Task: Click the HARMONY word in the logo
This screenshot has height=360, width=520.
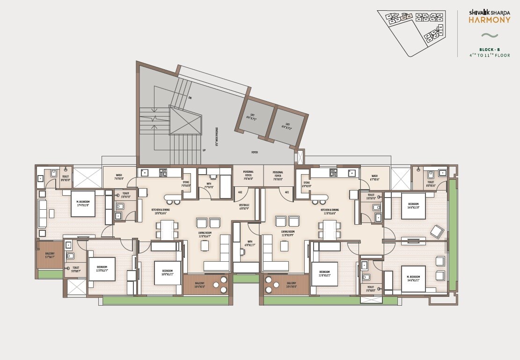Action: pos(489,20)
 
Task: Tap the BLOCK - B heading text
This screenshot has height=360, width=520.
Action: pos(489,49)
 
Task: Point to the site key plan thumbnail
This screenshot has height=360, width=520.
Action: pos(412,32)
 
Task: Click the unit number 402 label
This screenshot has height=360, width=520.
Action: pos(240,192)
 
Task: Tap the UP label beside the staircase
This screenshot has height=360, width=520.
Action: pos(204,150)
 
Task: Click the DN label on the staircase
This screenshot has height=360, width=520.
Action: pos(190,98)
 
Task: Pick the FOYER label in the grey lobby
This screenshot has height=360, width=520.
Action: pos(254,152)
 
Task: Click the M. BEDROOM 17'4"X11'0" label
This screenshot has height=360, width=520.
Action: pos(83,204)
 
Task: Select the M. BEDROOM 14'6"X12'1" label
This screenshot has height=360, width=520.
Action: pos(413,279)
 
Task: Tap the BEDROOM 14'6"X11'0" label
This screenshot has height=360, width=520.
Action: pos(413,206)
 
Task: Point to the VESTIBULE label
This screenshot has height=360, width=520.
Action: pos(244,206)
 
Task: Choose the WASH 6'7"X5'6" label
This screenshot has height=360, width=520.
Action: pos(374,177)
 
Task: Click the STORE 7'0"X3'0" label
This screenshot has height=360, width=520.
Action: pos(186,184)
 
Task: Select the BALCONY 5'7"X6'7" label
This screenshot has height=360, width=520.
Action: pos(50,255)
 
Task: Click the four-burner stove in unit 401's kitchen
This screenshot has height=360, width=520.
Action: pos(333,172)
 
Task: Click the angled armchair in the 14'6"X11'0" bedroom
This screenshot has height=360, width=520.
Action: pos(437,232)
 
